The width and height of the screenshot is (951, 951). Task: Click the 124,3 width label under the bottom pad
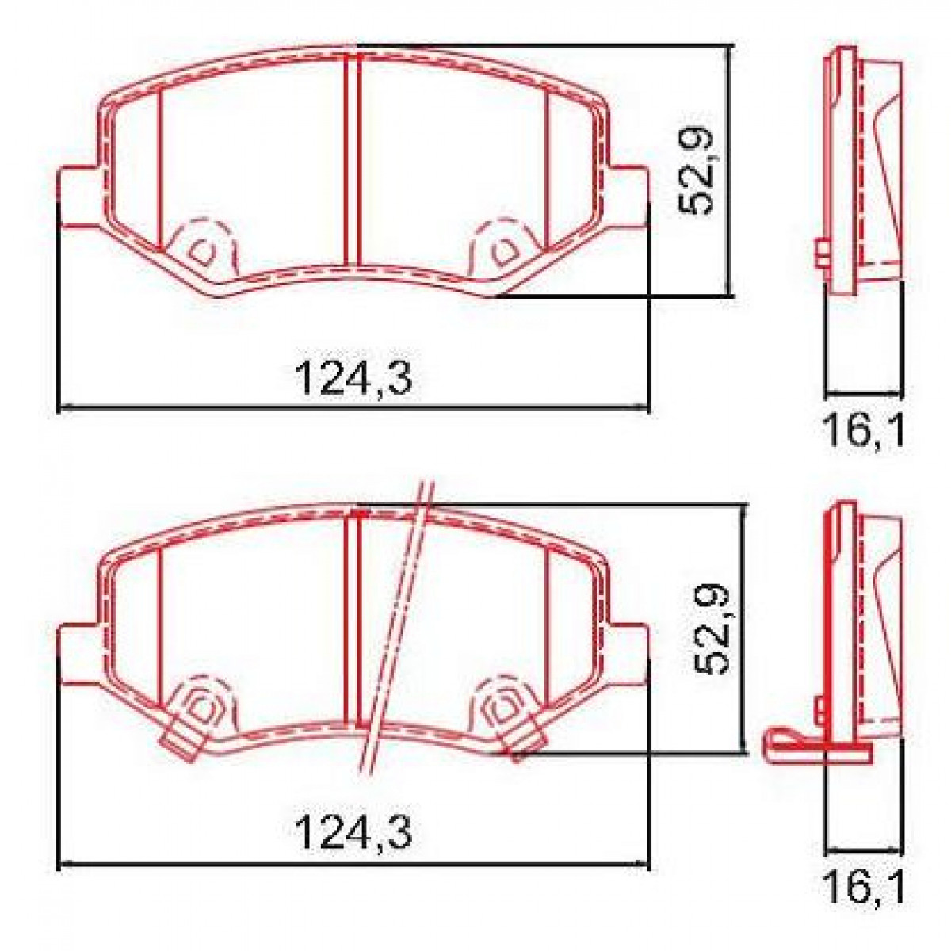point(353,832)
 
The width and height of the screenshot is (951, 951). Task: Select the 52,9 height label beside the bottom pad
point(711,626)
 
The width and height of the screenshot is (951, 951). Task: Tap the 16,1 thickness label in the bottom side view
point(862,888)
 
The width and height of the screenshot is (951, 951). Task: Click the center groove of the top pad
point(353,158)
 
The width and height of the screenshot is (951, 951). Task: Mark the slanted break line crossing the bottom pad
point(396,626)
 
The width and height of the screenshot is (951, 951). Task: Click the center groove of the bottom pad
point(353,618)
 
